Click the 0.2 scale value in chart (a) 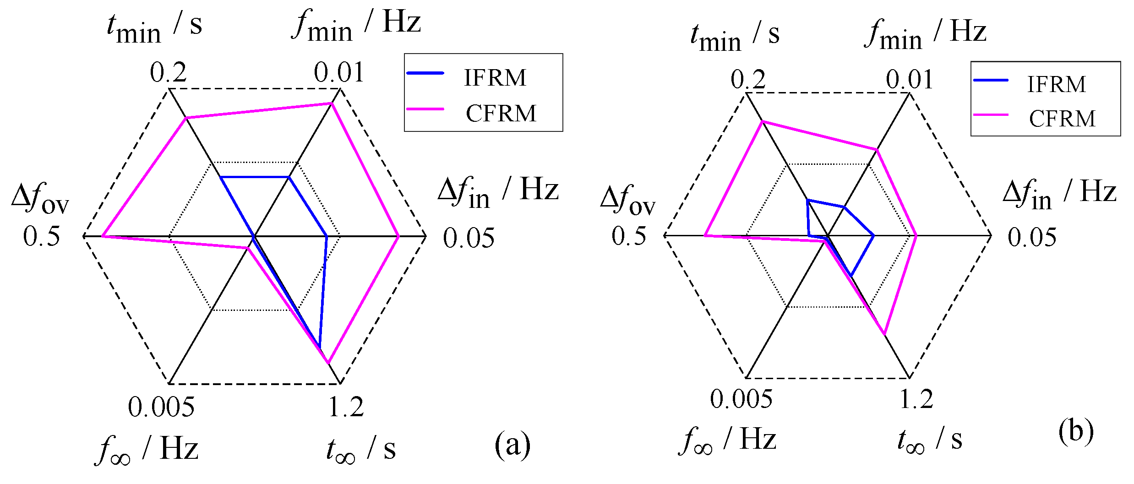[168, 72]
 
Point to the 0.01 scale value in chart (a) [338, 72]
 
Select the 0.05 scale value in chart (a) [469, 238]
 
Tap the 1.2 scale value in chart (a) [346, 407]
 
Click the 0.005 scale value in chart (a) [161, 407]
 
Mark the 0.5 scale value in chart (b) [628, 236]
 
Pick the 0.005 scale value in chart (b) [741, 398]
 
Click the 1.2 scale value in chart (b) [916, 398]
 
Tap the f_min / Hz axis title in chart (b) [925, 34]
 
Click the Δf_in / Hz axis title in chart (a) [498, 192]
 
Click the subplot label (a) [512, 444]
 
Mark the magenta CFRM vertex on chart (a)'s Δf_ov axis [103, 236]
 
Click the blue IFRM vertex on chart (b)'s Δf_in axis [873, 236]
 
